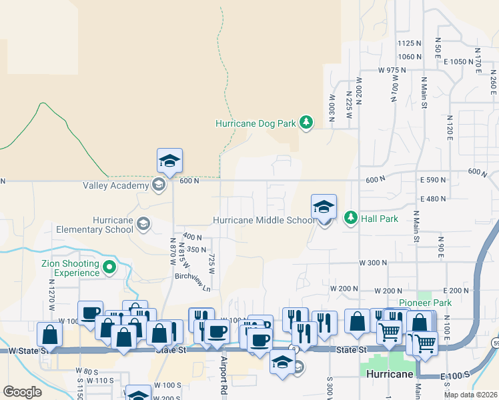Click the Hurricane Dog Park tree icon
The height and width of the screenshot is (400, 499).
tap(306, 122)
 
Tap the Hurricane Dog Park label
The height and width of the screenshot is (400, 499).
tap(256, 123)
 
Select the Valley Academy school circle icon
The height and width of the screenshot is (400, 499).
tap(159, 185)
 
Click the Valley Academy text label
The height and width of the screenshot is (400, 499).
tap(116, 186)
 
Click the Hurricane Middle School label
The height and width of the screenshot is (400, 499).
tap(264, 220)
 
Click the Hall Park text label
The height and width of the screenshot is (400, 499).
tap(380, 218)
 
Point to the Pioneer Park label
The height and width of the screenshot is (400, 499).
tap(425, 303)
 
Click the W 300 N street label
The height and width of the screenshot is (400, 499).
tap(373, 263)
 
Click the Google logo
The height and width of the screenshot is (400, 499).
tap(22, 392)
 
